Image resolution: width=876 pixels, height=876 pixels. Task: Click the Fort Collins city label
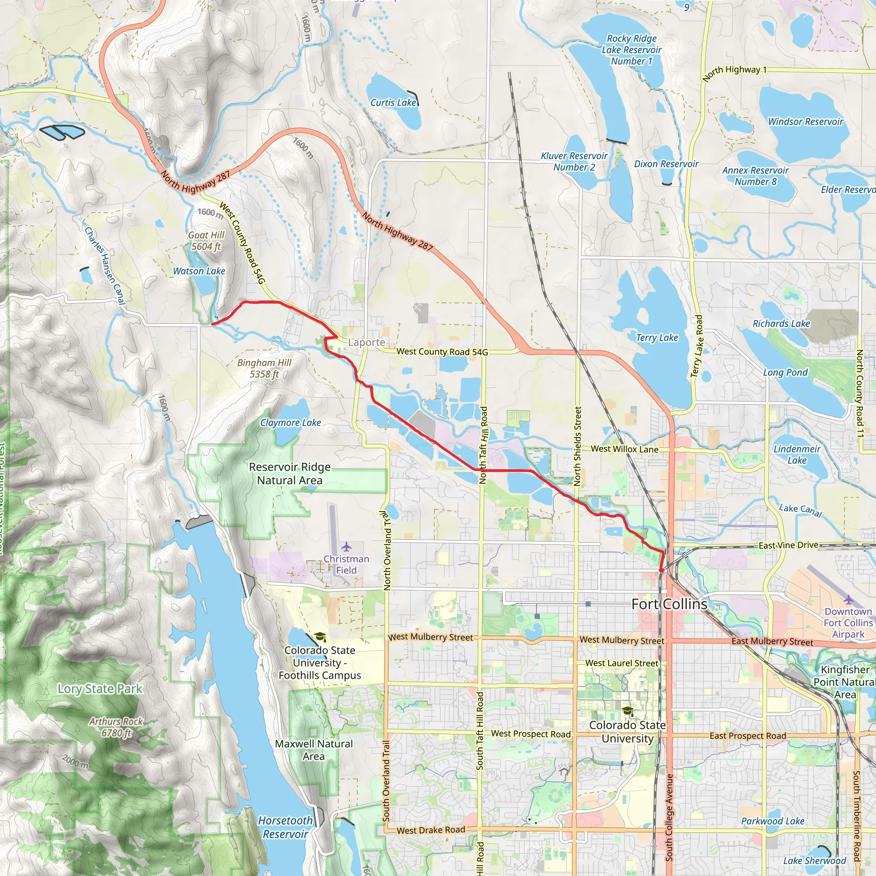pos(669,604)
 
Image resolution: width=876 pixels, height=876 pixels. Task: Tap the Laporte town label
pos(367,342)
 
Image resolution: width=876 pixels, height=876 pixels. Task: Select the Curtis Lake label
pos(393,103)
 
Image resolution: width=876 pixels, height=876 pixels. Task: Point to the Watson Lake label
pos(199,271)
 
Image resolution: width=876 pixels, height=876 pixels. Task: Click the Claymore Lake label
pos(290,423)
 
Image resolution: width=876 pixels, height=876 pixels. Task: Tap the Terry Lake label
pos(657,337)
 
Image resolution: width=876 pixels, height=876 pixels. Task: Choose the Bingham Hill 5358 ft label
pos(264,368)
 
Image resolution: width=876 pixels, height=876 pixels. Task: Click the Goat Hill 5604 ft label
pos(206,241)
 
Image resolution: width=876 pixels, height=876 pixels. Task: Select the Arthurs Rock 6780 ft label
pos(116,727)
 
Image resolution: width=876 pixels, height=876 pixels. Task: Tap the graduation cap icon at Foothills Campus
pos(320,637)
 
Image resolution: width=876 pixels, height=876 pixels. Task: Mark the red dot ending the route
pos(661,570)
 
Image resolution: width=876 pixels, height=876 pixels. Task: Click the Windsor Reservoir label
pos(805,121)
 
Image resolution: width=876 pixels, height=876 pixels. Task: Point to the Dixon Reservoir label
pos(666,164)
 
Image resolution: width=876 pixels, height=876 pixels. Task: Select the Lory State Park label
pos(100,689)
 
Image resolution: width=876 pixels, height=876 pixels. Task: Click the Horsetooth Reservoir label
pos(285,827)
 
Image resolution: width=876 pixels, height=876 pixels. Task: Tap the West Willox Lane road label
pos(624,449)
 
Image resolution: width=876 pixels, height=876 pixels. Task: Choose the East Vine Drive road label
pos(788,545)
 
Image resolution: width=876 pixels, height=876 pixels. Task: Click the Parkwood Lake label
pos(772,821)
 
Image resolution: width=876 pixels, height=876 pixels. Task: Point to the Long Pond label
pos(785,372)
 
